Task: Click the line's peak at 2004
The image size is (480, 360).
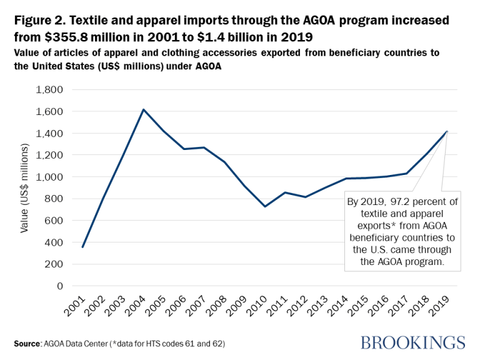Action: pyautogui.click(x=144, y=110)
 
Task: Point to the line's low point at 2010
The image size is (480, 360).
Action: pyautogui.click(x=265, y=206)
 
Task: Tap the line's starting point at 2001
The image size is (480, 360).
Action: pyautogui.click(x=82, y=247)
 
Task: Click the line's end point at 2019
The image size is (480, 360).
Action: pyautogui.click(x=447, y=132)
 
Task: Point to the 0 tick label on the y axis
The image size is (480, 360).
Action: pyautogui.click(x=59, y=286)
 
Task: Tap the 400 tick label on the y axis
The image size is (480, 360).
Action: pyautogui.click(x=54, y=242)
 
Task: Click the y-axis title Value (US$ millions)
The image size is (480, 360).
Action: pyautogui.click(x=26, y=188)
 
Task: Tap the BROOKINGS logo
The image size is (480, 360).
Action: pyautogui.click(x=412, y=342)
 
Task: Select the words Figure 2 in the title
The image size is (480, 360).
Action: pyautogui.click(x=37, y=19)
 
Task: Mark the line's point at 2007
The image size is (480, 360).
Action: pyautogui.click(x=204, y=147)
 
